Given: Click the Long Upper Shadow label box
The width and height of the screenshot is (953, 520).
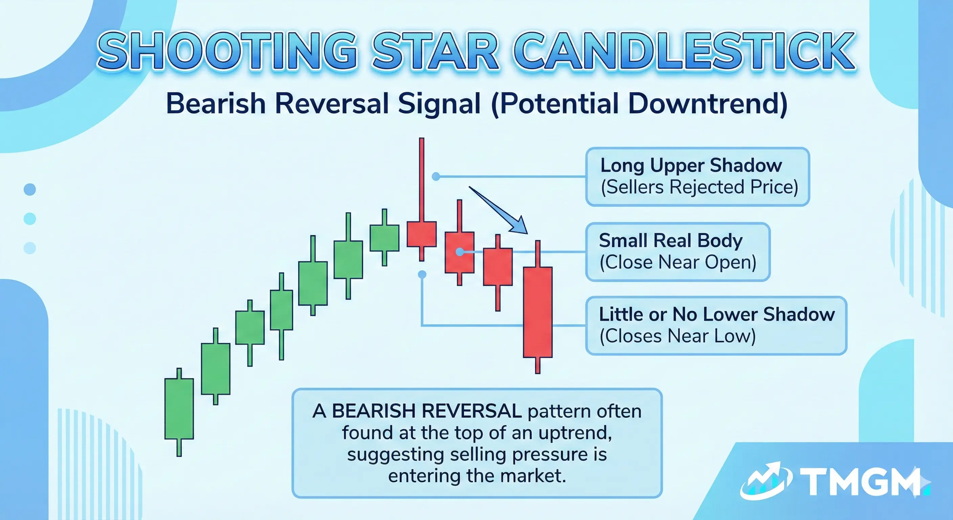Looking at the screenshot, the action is click(x=698, y=176).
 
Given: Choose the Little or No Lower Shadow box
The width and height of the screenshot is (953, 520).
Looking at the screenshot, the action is click(x=716, y=325).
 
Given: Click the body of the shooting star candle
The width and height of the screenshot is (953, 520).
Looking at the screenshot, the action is click(x=421, y=234).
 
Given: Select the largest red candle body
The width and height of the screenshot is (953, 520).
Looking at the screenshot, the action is click(x=537, y=312).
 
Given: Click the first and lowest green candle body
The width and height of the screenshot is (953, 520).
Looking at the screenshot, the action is click(x=179, y=409).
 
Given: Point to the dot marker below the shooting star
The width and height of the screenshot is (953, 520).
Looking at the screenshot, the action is click(x=422, y=274).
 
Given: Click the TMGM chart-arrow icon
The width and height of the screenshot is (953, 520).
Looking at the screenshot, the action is click(x=766, y=480).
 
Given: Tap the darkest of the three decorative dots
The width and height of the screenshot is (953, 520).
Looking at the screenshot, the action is click(x=29, y=190).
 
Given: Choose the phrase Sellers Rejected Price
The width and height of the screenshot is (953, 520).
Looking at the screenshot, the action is click(x=699, y=187).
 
